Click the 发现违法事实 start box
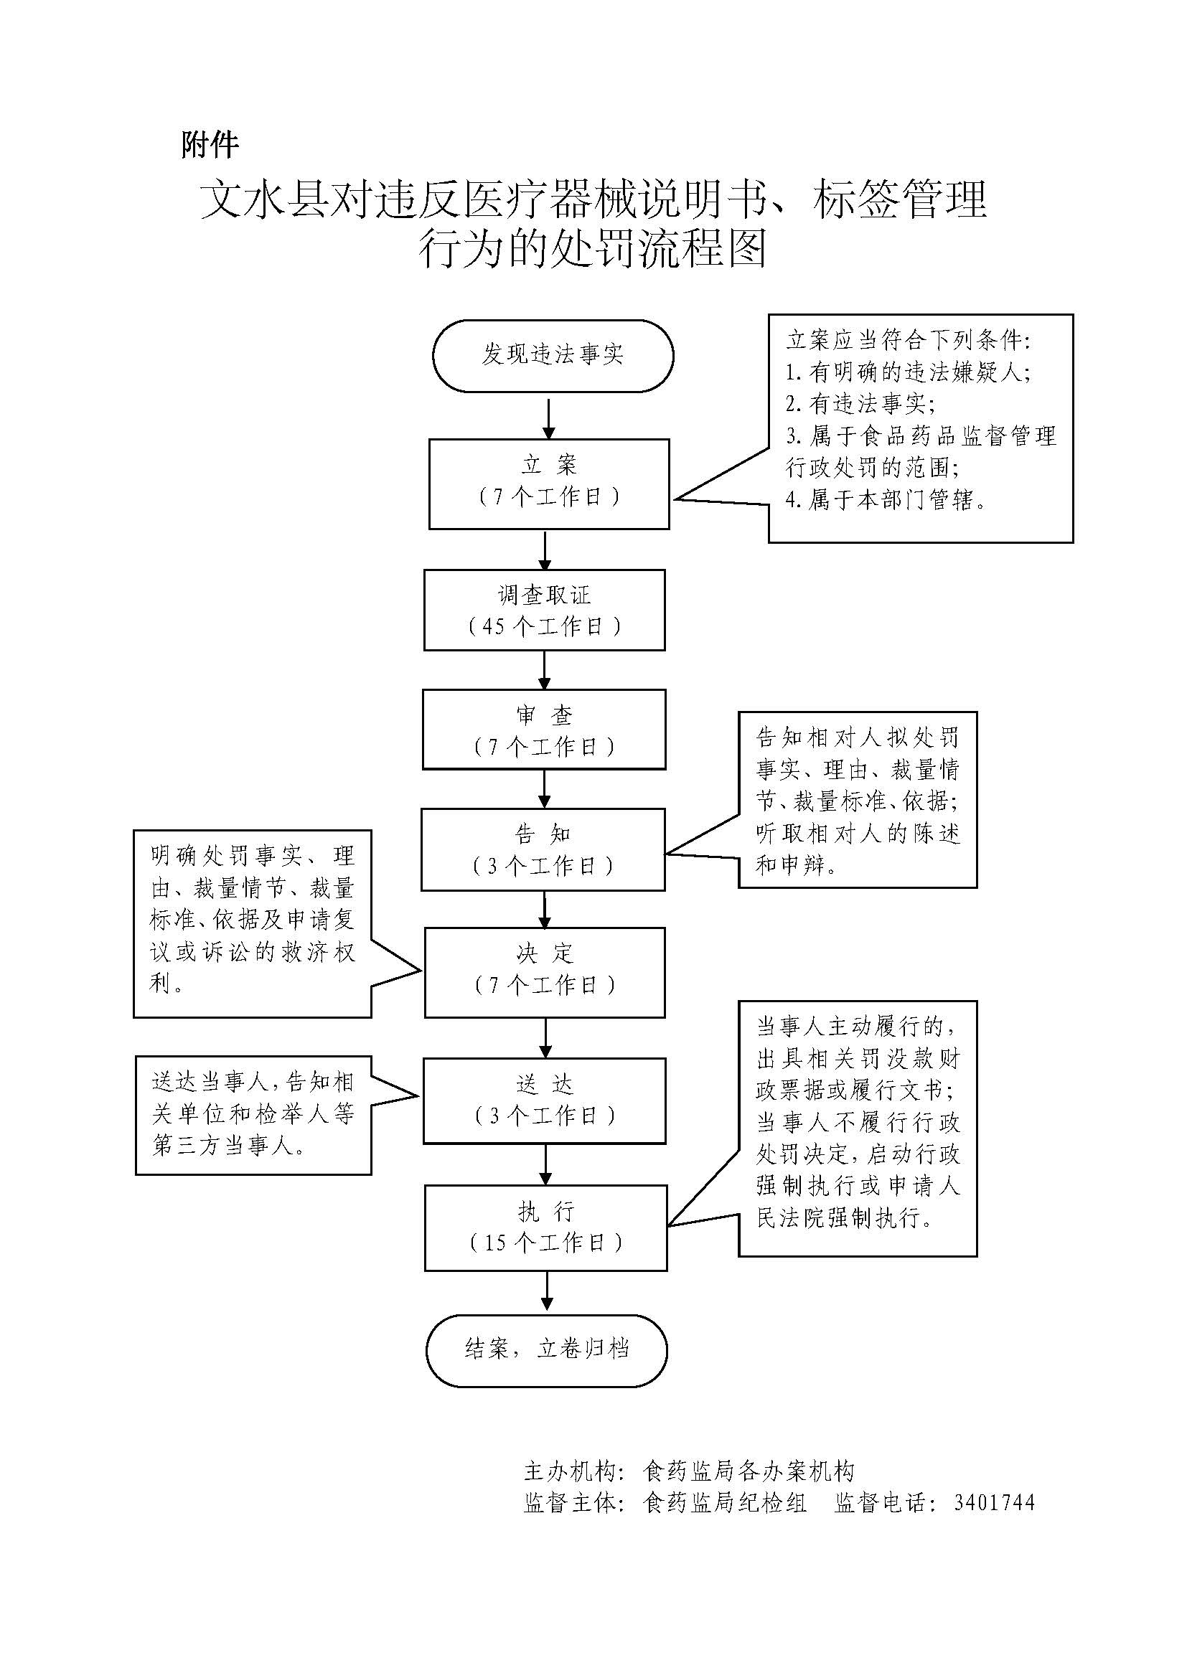(553, 356)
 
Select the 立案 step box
(549, 483)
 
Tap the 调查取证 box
(545, 611)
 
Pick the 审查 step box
(544, 730)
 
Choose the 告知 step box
(543, 849)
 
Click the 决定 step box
(545, 972)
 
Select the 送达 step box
(545, 1100)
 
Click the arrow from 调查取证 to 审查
(545, 670)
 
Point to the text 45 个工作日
(545, 626)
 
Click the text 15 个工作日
(546, 1243)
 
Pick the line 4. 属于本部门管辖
(885, 500)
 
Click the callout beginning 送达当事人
(253, 1115)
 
